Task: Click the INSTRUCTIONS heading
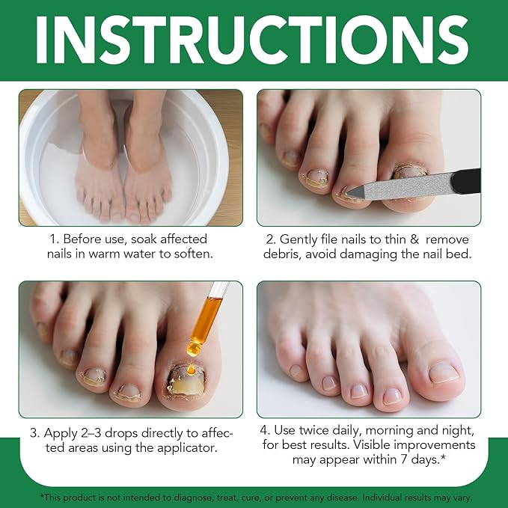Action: [x=252, y=40]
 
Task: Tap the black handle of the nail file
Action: [x=466, y=181]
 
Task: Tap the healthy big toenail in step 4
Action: [x=444, y=373]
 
